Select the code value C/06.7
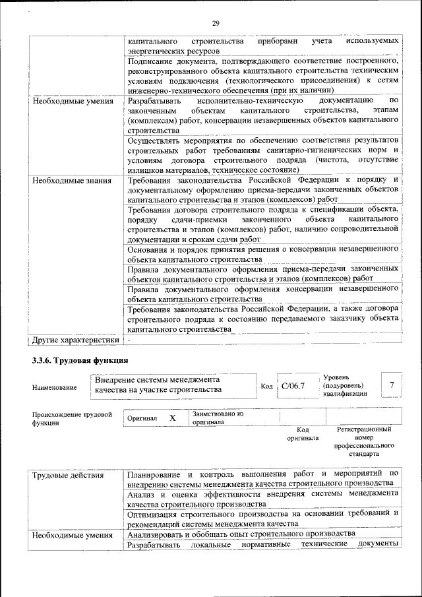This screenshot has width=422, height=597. coord(293,385)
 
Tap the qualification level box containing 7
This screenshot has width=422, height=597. coord(392,385)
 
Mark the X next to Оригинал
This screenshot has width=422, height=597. coord(173,418)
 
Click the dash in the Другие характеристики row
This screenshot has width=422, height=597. coord(130,340)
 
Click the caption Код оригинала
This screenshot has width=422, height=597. coord(303,433)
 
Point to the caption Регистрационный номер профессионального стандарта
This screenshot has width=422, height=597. coord(364,441)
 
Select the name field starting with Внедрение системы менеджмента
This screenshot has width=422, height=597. coord(166,385)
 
